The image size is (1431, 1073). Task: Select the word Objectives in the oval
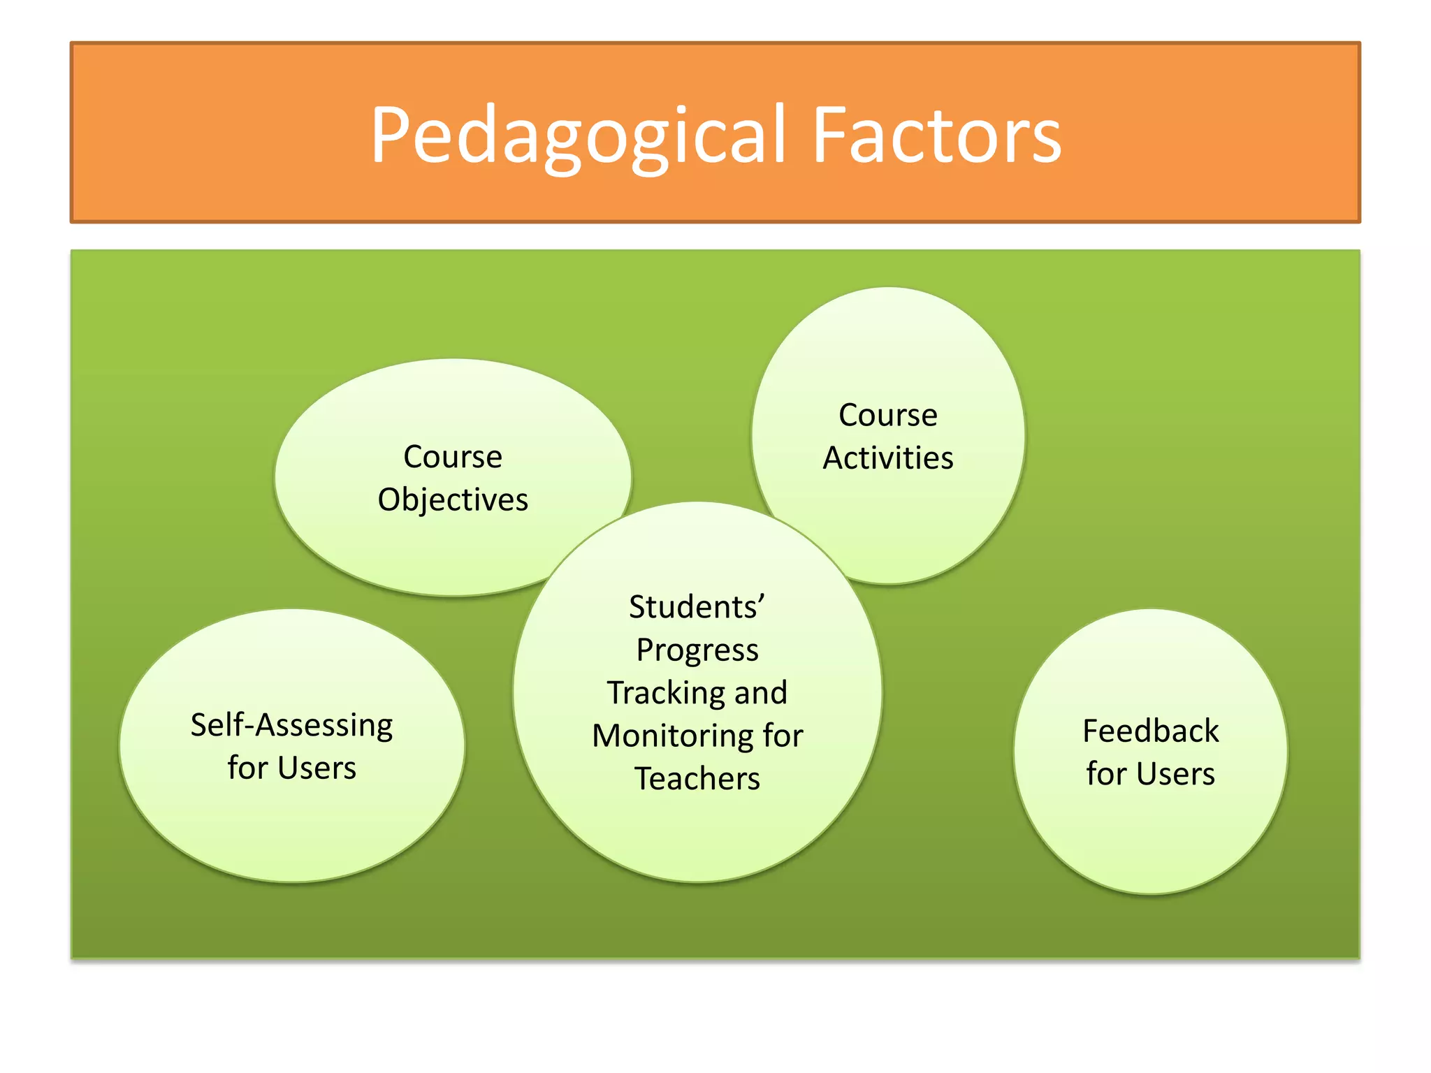pyautogui.click(x=453, y=500)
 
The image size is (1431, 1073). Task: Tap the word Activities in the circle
pyautogui.click(x=888, y=458)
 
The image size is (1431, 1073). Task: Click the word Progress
pyautogui.click(x=697, y=650)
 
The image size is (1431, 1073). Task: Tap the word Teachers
pyautogui.click(x=697, y=779)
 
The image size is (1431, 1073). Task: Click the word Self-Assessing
pyautogui.click(x=292, y=726)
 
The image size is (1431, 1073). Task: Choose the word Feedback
pyautogui.click(x=1151, y=731)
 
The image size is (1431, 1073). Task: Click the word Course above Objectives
pyautogui.click(x=453, y=458)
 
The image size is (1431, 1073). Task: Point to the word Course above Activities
pyautogui.click(x=888, y=416)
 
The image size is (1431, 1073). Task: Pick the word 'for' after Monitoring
pyautogui.click(x=783, y=736)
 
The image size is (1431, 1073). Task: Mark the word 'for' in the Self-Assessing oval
pyautogui.click(x=247, y=768)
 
